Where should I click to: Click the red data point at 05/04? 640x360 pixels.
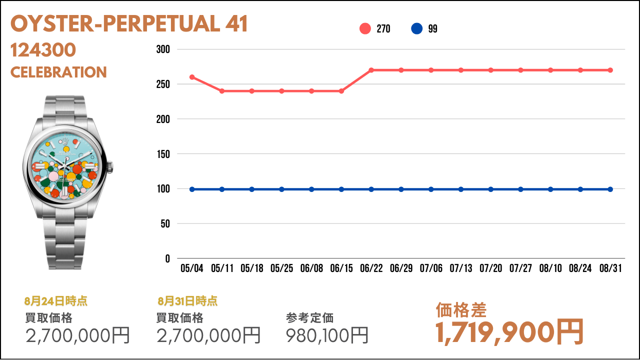tap(192, 77)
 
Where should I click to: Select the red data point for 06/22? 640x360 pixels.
tap(371, 70)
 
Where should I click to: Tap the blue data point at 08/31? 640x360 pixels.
tap(610, 189)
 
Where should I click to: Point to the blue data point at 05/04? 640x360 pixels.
tap(192, 189)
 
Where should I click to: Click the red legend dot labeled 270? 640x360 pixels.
tap(365, 28)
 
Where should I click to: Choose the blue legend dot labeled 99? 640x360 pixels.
tap(416, 28)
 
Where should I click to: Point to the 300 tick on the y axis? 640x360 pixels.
tap(163, 49)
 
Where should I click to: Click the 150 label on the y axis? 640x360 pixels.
tap(163, 154)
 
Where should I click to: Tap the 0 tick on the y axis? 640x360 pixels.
tap(167, 259)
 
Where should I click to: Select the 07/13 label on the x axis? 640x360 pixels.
tap(461, 268)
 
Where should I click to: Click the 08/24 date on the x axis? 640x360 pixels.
tap(580, 268)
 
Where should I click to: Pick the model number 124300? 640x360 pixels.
tap(43, 50)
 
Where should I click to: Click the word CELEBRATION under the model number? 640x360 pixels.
tap(58, 72)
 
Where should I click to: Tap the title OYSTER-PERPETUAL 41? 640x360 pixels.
tap(129, 23)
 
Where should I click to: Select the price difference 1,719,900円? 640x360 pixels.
tap(509, 333)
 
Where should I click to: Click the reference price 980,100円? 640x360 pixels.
tap(327, 335)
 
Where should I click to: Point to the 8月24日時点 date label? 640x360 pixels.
tap(55, 301)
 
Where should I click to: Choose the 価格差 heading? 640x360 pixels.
tap(461, 310)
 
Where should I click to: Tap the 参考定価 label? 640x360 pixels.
tap(309, 318)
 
